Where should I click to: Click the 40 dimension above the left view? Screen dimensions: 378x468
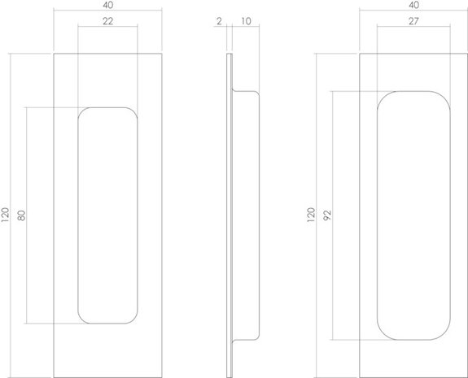pyautogui.click(x=107, y=6)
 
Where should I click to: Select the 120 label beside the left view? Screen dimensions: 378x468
pyautogui.click(x=7, y=215)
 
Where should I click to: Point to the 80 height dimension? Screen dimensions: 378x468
pyautogui.click(x=22, y=215)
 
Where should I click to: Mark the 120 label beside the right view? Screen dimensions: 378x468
pyautogui.click(x=310, y=215)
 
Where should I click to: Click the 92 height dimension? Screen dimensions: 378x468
pyautogui.click(x=327, y=215)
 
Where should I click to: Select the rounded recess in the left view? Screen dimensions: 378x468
pyautogui.click(x=107, y=215)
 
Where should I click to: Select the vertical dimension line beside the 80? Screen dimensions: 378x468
pyautogui.click(x=29, y=244)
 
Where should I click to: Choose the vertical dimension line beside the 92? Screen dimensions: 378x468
pyautogui.click(x=334, y=244)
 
